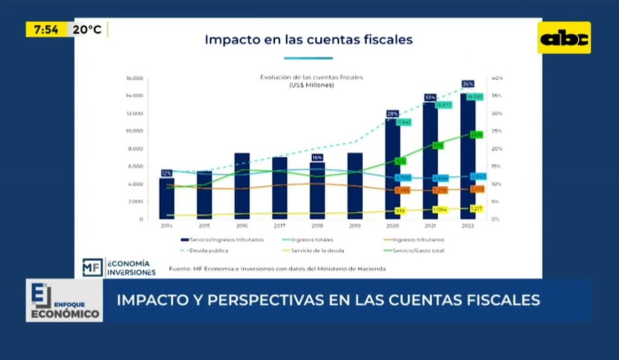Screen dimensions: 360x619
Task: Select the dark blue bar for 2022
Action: [468, 157]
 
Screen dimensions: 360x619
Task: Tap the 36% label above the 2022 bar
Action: [468, 84]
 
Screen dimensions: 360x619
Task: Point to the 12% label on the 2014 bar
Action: [167, 173]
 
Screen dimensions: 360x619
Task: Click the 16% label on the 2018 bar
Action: [317, 157]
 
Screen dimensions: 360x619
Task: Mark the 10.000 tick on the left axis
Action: [134, 131]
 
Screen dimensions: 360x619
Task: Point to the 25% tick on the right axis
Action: [497, 131]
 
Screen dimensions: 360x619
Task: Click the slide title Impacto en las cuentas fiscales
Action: [308, 40]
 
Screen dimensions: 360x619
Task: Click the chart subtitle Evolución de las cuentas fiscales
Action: [311, 78]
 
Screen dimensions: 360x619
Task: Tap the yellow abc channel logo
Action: [564, 38]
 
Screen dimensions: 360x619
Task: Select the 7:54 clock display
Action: [46, 30]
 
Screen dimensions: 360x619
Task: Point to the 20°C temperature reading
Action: [87, 30]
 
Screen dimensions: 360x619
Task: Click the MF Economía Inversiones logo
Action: [119, 267]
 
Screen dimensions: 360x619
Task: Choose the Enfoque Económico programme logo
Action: [64, 301]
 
